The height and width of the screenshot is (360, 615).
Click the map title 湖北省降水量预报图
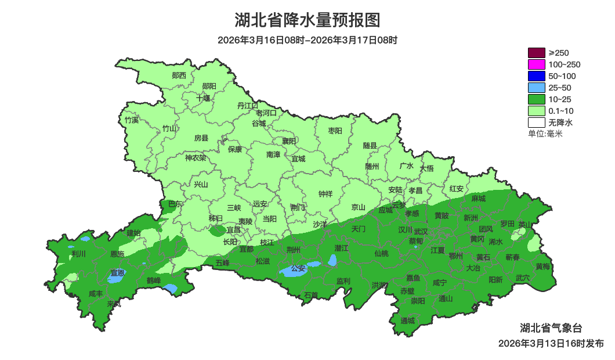307,20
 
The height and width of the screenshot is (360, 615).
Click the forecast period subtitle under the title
307,40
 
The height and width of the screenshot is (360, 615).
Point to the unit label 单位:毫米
545,134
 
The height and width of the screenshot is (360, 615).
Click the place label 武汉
421,232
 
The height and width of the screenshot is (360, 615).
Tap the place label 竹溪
132,120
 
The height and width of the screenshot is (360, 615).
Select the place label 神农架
196,157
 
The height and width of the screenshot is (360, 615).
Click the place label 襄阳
289,141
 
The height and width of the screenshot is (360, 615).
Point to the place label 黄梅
543,267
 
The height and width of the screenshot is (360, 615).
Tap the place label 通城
408,321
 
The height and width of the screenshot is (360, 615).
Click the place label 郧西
179,75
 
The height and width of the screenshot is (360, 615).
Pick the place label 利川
78,254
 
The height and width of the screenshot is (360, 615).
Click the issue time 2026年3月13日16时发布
551,344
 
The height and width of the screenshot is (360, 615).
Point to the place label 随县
370,145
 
